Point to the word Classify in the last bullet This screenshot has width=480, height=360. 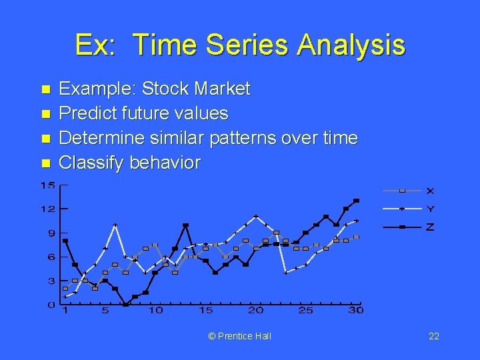tap(89, 163)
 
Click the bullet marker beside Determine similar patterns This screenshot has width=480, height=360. tap(45, 139)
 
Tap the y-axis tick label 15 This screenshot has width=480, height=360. tap(47, 185)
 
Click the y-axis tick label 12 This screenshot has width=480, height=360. tap(47, 209)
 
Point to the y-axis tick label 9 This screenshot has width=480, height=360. tap(51, 233)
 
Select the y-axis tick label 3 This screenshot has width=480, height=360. tap(51, 281)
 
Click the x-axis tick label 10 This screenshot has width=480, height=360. tap(155, 310)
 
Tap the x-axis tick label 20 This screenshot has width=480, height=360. tap(255, 310)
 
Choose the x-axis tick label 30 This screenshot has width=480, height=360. tap(356, 310)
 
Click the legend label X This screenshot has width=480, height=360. tap(430, 191)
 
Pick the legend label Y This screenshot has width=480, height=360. tap(430, 209)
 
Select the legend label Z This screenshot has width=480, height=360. tap(430, 227)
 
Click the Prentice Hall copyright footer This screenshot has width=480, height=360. tap(239, 336)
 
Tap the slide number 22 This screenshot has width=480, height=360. tap(433, 336)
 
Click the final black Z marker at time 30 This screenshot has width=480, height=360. tap(356, 200)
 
